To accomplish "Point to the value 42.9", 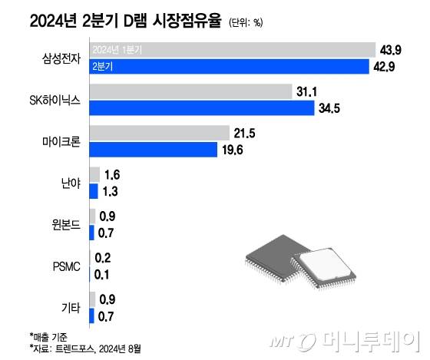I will [x=387, y=67].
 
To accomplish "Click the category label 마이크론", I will [x=61, y=141].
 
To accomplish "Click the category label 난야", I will [x=70, y=183].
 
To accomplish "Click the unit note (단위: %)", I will [x=246, y=21].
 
